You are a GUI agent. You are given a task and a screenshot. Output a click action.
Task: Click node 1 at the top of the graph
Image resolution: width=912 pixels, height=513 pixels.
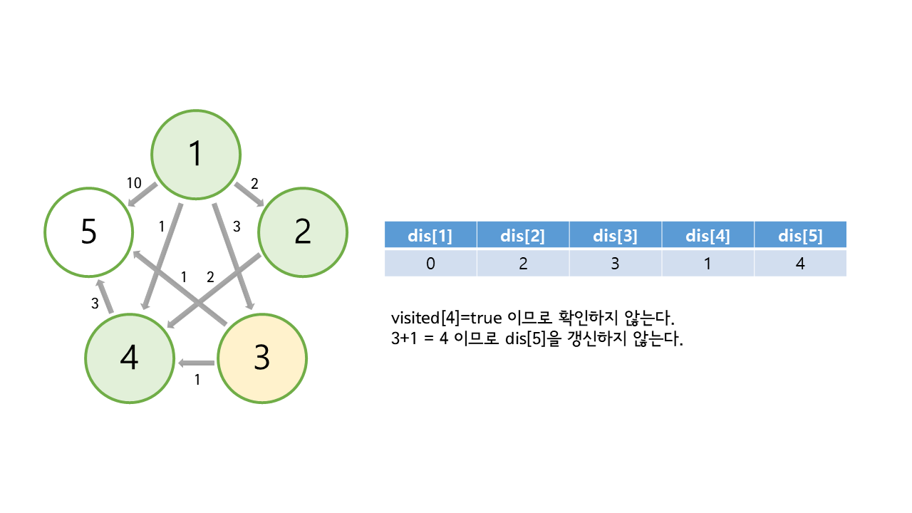click(x=196, y=154)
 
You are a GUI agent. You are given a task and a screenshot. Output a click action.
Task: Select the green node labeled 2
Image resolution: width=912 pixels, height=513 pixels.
click(x=302, y=232)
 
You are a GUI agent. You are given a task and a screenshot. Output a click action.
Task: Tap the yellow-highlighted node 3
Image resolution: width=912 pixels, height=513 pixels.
click(x=261, y=358)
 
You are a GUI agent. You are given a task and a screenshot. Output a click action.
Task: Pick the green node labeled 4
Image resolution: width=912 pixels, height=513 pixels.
click(x=129, y=358)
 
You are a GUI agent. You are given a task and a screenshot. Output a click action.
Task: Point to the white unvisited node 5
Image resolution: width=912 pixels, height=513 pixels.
click(x=88, y=232)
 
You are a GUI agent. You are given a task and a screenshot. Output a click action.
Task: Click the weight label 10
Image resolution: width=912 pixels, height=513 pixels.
click(x=134, y=183)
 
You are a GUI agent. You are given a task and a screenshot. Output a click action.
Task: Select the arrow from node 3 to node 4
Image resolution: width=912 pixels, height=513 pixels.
click(x=197, y=363)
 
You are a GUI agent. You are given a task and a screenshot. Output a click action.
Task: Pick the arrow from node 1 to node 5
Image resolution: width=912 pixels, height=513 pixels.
click(x=143, y=196)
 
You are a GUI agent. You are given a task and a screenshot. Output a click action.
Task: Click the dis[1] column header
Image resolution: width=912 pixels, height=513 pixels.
click(x=430, y=235)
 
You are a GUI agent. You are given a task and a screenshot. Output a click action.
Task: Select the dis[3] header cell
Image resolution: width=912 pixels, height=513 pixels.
click(x=615, y=235)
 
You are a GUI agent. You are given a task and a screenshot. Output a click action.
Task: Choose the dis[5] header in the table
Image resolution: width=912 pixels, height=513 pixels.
click(x=800, y=235)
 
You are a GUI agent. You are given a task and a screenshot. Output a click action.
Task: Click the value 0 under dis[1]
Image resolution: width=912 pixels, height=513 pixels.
click(x=430, y=263)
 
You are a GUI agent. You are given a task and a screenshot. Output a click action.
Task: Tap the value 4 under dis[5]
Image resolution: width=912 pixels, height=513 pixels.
click(x=800, y=263)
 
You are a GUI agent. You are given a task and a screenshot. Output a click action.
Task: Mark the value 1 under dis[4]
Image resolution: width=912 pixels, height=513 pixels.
click(x=708, y=263)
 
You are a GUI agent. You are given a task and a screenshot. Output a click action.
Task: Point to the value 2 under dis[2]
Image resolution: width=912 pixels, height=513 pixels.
click(x=523, y=263)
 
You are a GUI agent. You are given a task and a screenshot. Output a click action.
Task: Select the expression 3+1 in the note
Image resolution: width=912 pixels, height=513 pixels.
click(x=407, y=339)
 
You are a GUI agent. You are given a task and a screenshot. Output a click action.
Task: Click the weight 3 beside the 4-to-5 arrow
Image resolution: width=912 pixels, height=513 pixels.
click(x=95, y=304)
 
